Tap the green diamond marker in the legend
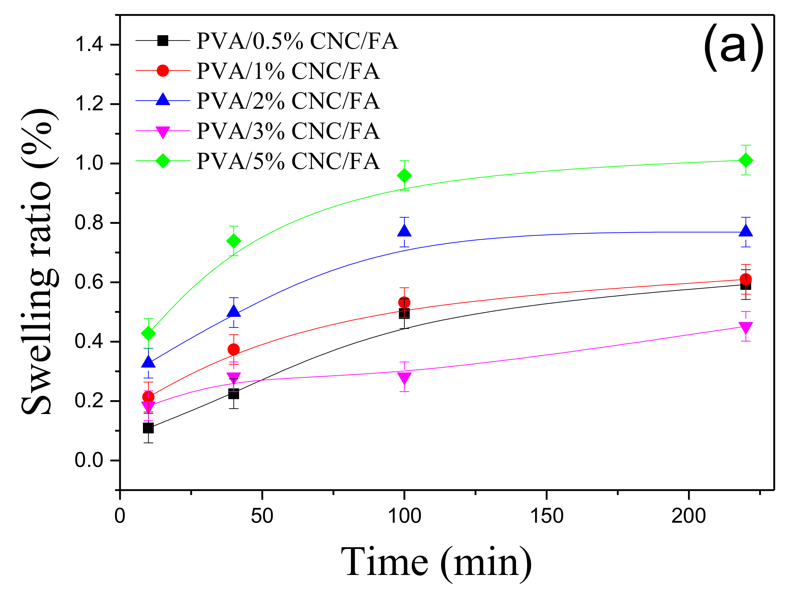163,161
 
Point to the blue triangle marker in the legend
163,99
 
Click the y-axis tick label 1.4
89,45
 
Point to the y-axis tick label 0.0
89,460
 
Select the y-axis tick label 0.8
89,223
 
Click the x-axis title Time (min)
436,562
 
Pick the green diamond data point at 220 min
746,160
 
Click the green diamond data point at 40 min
234,241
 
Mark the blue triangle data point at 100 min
404,231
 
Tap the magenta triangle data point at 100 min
404,378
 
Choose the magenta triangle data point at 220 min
746,327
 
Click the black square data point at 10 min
148,428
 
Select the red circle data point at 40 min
234,349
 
